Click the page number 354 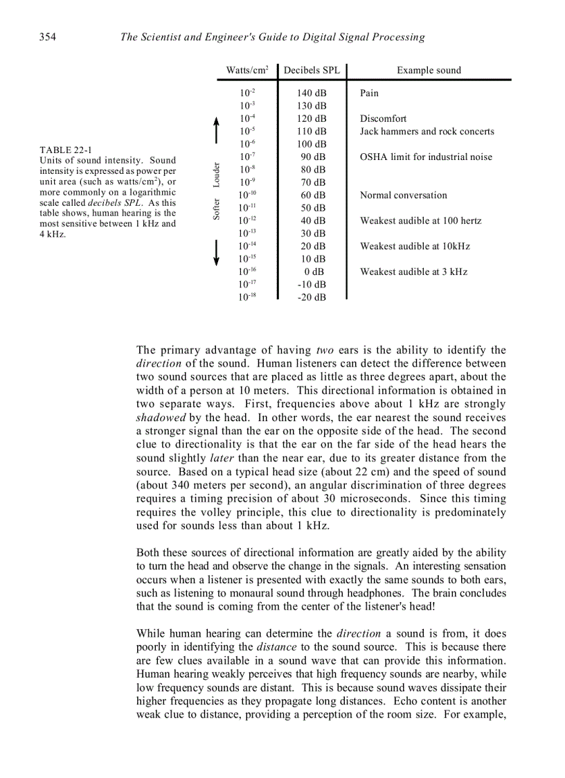(x=47, y=37)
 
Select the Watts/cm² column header (x=247, y=70)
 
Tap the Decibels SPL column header (x=312, y=70)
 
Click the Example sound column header (x=429, y=70)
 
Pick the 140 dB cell (x=312, y=93)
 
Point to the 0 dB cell (x=314, y=272)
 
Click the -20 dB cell (x=312, y=297)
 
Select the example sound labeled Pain (x=369, y=93)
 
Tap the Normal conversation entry (x=403, y=195)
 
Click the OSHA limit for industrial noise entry (x=426, y=157)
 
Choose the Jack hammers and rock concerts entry (x=427, y=132)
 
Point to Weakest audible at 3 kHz (x=413, y=272)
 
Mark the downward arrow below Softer (x=217, y=252)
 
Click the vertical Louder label (x=217, y=175)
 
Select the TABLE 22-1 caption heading (x=66, y=150)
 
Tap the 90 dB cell (x=313, y=157)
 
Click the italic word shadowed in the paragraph (x=161, y=418)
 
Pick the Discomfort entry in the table (x=383, y=118)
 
